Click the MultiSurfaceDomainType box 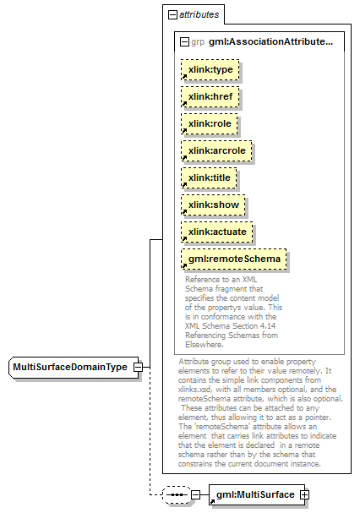(74, 368)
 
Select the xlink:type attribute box (210, 69)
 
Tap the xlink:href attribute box (210, 97)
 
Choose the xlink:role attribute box (210, 124)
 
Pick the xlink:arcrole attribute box (216, 150)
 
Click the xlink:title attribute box (209, 178)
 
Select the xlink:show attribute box (213, 205)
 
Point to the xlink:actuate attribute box (217, 232)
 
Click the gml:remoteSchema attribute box (234, 259)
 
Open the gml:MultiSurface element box (257, 494)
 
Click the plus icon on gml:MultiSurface (304, 495)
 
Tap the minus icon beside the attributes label (172, 14)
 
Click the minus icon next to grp (184, 42)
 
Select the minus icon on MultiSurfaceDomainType (138, 368)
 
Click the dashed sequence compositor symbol (177, 494)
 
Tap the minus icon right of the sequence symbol (195, 494)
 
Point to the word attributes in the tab (199, 14)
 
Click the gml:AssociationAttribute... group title (270, 42)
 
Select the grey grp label (198, 42)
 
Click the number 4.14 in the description (267, 326)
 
